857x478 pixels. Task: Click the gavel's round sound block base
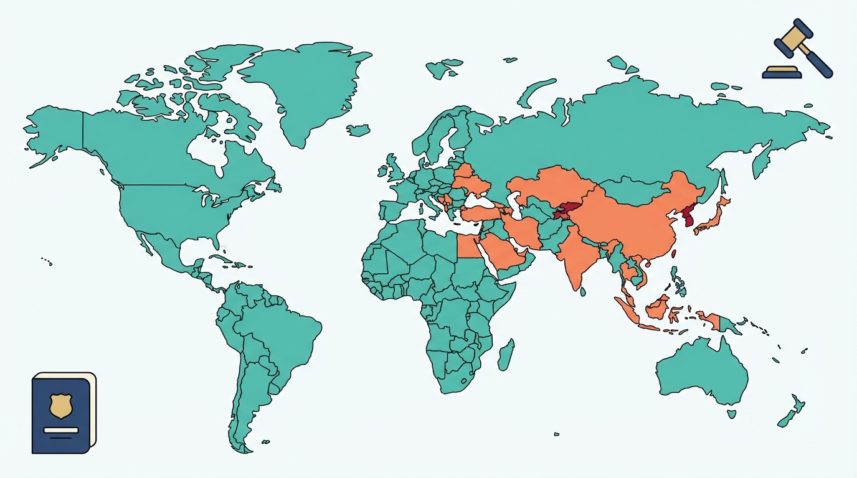(x=782, y=72)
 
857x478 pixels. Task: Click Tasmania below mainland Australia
(x=732, y=413)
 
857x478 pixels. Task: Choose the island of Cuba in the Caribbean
(x=220, y=258)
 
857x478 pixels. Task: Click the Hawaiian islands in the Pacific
(x=47, y=261)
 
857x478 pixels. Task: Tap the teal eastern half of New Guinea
(x=730, y=326)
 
